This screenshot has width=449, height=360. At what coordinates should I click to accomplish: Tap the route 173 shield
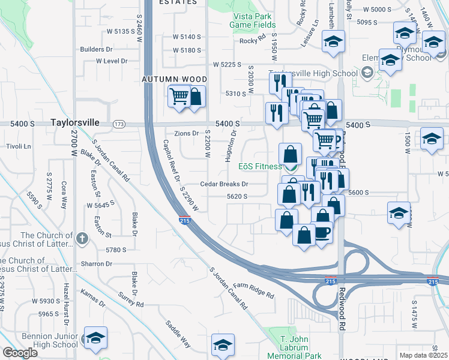pos(119,124)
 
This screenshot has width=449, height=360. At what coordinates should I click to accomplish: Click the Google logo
pos(20,353)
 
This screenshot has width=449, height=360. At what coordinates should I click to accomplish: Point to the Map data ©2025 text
pos(423,355)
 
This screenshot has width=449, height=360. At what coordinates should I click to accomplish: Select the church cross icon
pos(83,239)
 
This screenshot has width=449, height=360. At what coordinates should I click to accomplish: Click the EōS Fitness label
pos(261,166)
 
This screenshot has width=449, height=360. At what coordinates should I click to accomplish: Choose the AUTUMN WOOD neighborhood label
pos(175,79)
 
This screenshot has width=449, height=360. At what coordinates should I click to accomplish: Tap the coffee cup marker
pos(322,232)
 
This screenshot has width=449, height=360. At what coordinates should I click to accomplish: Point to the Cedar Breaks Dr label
pos(224,184)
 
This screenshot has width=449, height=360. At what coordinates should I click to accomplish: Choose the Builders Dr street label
pos(97,49)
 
